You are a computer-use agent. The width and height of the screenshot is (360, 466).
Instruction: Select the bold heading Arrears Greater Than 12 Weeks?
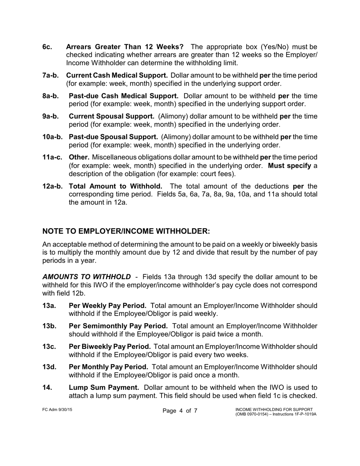tap(125, 47)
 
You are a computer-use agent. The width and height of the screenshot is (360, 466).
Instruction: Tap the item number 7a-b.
tap(50, 75)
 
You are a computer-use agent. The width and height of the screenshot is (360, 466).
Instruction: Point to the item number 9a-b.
tap(50, 116)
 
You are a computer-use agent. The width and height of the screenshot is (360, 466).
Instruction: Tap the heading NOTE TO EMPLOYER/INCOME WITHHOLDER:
tap(126, 231)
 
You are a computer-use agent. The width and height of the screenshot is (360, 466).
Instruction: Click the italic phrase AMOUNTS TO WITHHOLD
tap(87, 277)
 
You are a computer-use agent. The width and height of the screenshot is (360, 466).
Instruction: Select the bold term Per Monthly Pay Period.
tap(108, 367)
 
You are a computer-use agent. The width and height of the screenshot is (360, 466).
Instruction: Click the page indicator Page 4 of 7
tap(180, 411)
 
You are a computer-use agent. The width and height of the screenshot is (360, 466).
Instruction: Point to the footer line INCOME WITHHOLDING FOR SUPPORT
tap(274, 409)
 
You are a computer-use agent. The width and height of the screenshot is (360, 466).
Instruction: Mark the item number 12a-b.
tap(52, 186)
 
